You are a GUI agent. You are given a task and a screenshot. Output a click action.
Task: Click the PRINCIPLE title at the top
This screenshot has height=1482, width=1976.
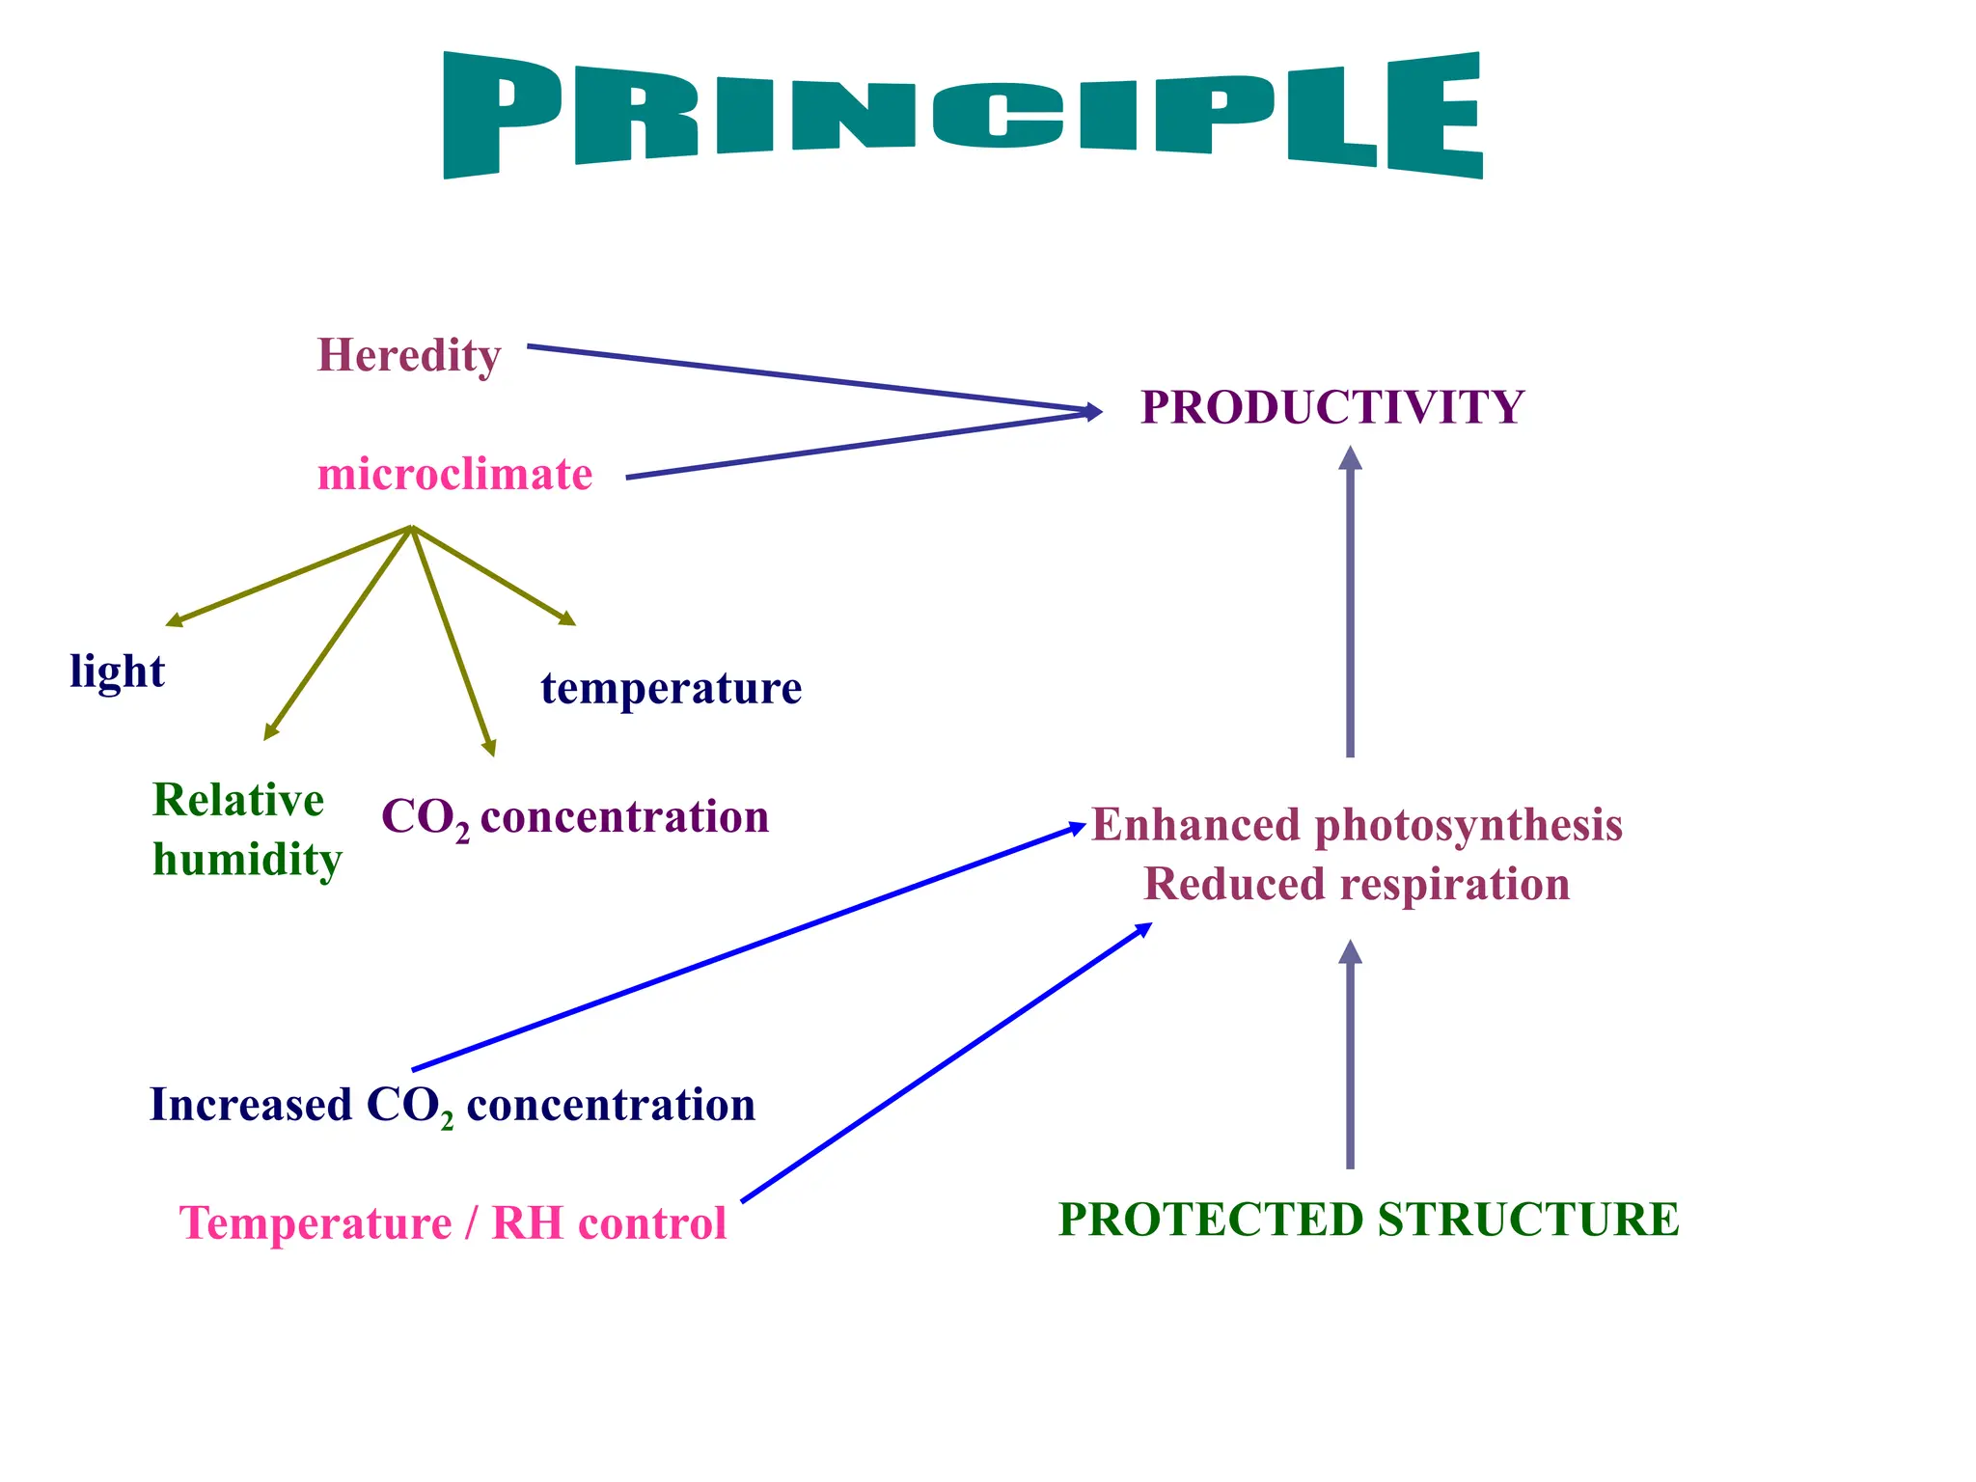pyautogui.click(x=963, y=114)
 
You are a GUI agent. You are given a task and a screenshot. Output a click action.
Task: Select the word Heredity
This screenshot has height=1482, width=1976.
pyautogui.click(x=409, y=356)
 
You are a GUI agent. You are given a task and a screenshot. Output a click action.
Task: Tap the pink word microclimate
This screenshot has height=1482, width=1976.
pyautogui.click(x=454, y=475)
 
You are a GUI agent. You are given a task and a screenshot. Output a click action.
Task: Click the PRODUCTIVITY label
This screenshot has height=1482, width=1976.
pyautogui.click(x=1332, y=407)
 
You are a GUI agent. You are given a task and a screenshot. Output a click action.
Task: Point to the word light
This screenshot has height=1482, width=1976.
pyautogui.click(x=117, y=671)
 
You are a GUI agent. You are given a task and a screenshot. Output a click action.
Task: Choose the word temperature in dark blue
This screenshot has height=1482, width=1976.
pyautogui.click(x=671, y=689)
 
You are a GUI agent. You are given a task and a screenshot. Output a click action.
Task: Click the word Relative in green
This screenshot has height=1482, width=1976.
pyautogui.click(x=238, y=801)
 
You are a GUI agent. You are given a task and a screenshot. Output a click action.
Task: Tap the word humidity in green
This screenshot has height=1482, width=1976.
pyautogui.click(x=247, y=860)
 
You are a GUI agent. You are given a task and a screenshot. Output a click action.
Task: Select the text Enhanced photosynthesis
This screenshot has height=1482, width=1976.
pyautogui.click(x=1357, y=825)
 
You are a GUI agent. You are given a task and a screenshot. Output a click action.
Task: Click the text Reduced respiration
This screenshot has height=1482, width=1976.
pyautogui.click(x=1357, y=884)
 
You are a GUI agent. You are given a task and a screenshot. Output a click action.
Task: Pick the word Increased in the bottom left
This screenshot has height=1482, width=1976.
pyautogui.click(x=251, y=1105)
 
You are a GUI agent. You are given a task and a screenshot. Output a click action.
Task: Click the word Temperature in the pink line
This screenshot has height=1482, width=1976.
pyautogui.click(x=316, y=1223)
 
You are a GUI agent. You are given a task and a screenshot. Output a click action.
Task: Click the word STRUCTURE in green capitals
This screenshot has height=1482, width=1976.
pyautogui.click(x=1528, y=1220)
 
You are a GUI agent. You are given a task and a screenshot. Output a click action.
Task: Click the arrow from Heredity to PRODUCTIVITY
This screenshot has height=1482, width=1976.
pyautogui.click(x=810, y=378)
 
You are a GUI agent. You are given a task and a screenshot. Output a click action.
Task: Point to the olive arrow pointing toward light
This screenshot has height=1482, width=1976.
pyautogui.click(x=289, y=575)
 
